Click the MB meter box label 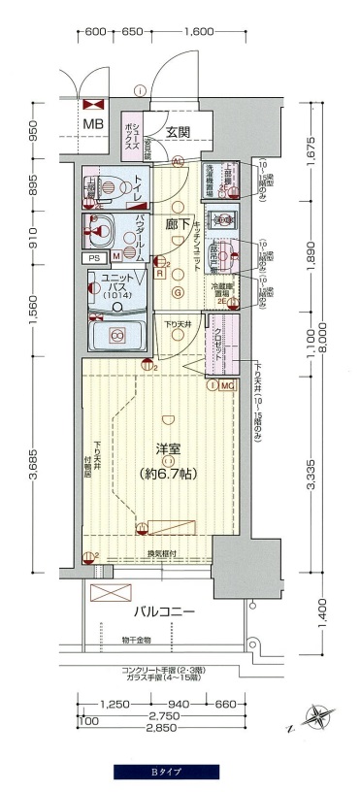coord(92,124)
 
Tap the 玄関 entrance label coord(176,133)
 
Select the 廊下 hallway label coord(178,222)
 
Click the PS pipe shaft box coord(94,258)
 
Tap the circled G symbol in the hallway coord(178,292)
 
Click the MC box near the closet coord(227,385)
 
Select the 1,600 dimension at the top coord(196,32)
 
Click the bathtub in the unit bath coord(116,336)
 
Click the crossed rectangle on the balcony coord(111,594)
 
